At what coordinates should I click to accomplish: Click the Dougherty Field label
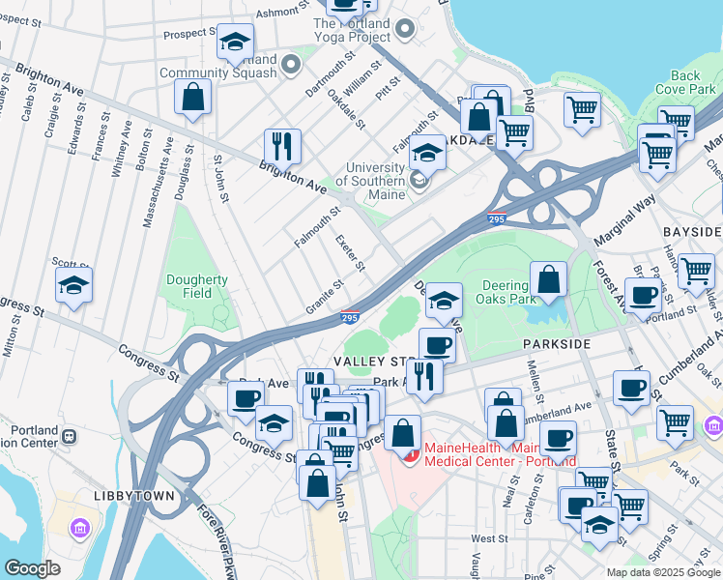pyautogui.click(x=196, y=287)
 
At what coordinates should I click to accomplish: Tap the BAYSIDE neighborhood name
pyautogui.click(x=691, y=233)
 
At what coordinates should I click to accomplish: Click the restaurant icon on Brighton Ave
pyautogui.click(x=282, y=146)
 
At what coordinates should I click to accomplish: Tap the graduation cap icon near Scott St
pyautogui.click(x=73, y=286)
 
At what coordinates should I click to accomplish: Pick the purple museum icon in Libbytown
pyautogui.click(x=79, y=528)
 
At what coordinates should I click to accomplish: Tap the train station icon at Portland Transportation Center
pyautogui.click(x=70, y=436)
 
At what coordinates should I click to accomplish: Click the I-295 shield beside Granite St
pyautogui.click(x=351, y=316)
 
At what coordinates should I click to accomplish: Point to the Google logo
pyautogui.click(x=33, y=568)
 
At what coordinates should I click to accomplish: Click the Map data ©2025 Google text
pyautogui.click(x=662, y=572)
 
